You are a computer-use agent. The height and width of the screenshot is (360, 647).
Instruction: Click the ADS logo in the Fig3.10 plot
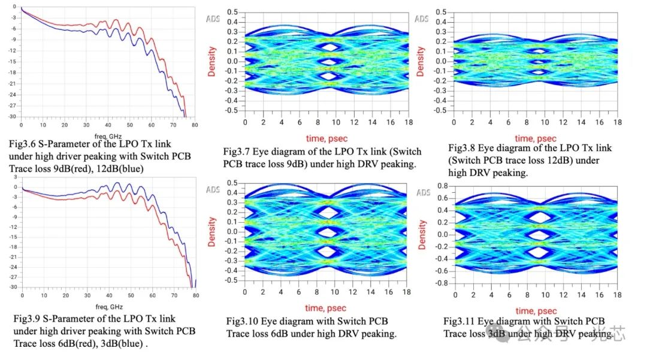coord(213,190)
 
